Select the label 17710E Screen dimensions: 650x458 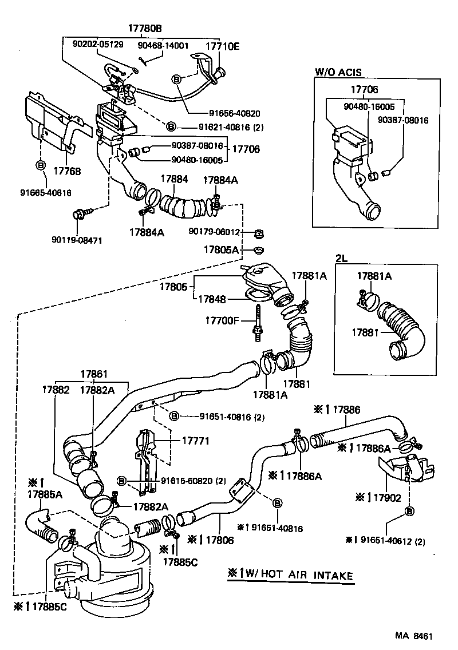click(222, 46)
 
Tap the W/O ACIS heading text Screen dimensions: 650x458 click(338, 72)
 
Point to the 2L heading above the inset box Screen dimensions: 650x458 click(341, 258)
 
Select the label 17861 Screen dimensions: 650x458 click(94, 374)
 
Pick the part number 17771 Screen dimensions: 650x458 click(196, 441)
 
